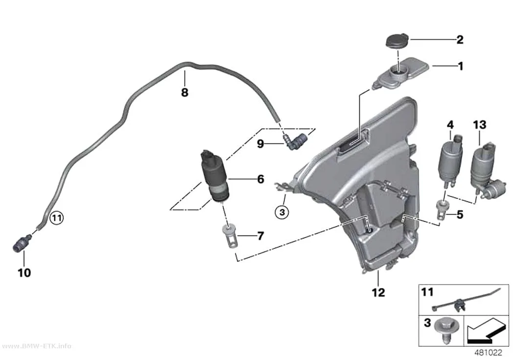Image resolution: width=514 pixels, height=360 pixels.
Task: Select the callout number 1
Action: (461, 66)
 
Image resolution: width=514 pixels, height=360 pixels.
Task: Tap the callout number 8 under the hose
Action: (185, 92)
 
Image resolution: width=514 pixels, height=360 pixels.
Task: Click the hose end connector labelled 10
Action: (21, 243)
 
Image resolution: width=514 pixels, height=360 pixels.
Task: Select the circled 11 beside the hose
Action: (57, 218)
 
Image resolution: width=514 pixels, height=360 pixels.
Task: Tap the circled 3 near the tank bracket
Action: (282, 212)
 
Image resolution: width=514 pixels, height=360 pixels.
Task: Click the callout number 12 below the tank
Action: (378, 292)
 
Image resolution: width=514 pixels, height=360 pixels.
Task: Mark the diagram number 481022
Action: (489, 353)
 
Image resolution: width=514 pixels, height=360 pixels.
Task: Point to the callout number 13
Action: (480, 125)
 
